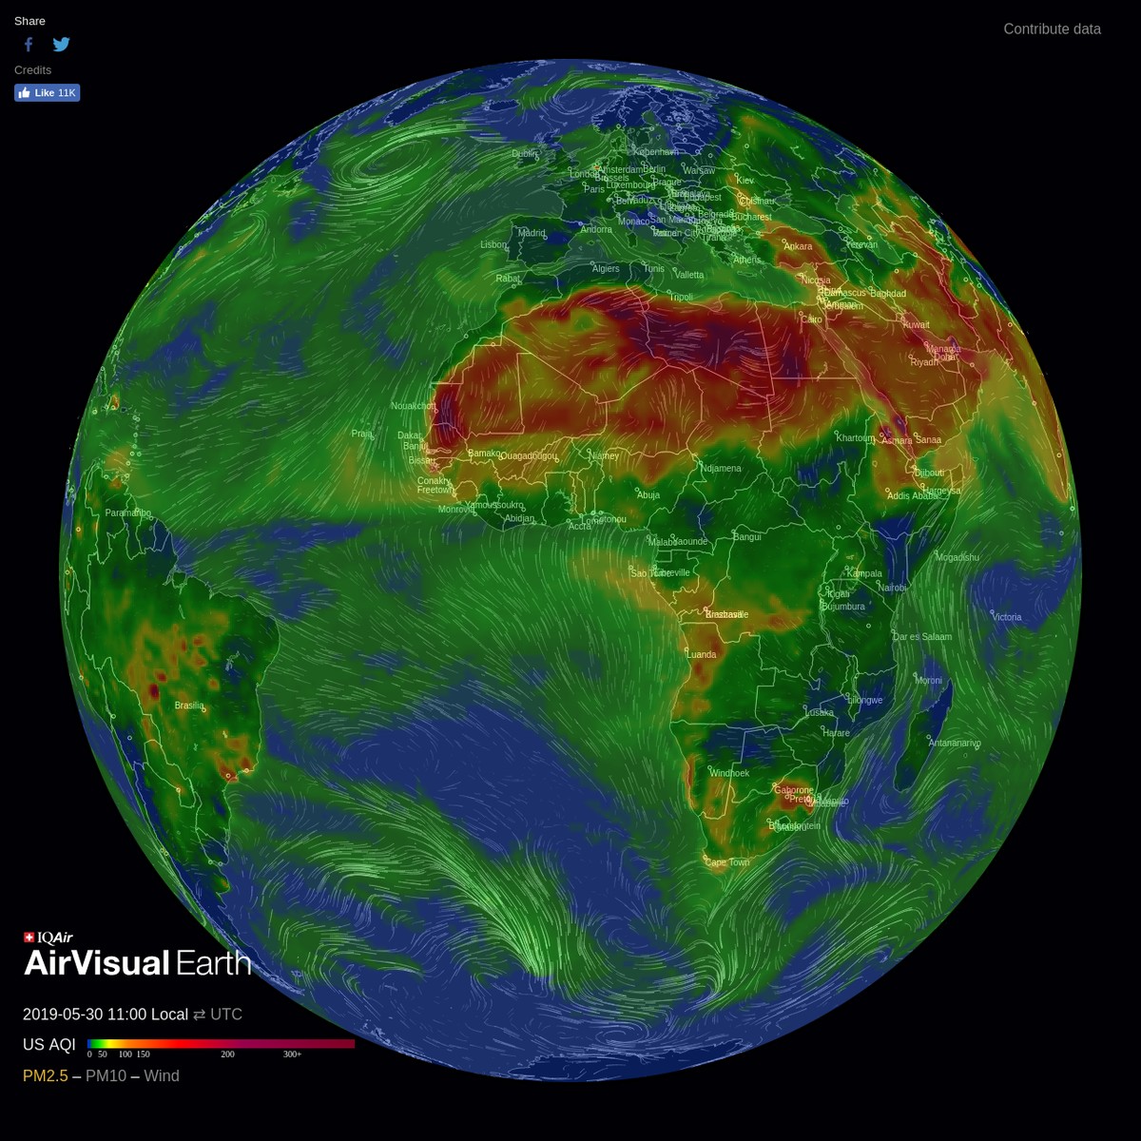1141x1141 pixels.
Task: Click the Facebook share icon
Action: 29,44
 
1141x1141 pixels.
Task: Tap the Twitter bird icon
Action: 62,44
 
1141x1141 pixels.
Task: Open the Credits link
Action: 32,70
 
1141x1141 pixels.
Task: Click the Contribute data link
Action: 1052,29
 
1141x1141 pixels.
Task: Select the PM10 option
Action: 106,1075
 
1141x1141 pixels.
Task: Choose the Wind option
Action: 162,1075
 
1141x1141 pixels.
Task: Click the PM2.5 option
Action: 46,1075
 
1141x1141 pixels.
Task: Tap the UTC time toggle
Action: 226,1015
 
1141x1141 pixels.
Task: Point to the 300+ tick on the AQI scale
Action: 292,1054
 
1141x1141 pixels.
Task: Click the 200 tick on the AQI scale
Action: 228,1054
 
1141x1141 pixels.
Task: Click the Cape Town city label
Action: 727,862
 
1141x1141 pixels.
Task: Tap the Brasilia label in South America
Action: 189,706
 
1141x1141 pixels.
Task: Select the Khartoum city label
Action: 855,438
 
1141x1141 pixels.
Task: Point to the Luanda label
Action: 702,654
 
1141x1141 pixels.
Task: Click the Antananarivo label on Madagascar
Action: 955,743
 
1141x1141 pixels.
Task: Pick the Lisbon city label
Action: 493,244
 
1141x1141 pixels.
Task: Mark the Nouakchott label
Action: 414,406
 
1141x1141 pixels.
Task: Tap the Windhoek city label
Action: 729,773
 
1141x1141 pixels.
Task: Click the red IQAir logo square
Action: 29,938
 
